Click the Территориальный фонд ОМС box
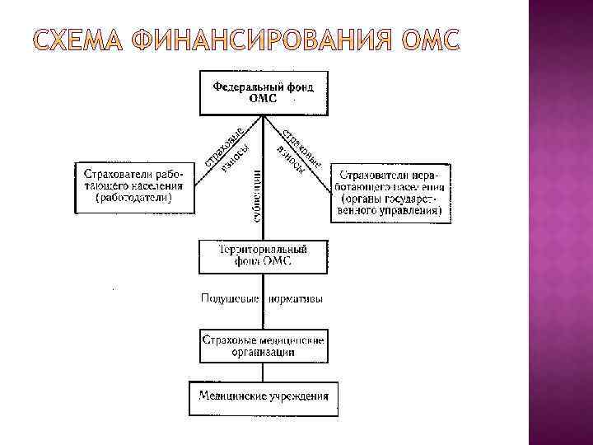(263, 256)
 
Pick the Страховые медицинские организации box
(263, 346)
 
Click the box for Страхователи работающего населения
(133, 187)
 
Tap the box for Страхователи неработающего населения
(391, 193)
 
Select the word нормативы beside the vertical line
(295, 298)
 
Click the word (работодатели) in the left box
(133, 199)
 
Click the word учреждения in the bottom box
(297, 396)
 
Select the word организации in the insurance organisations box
(263, 352)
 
